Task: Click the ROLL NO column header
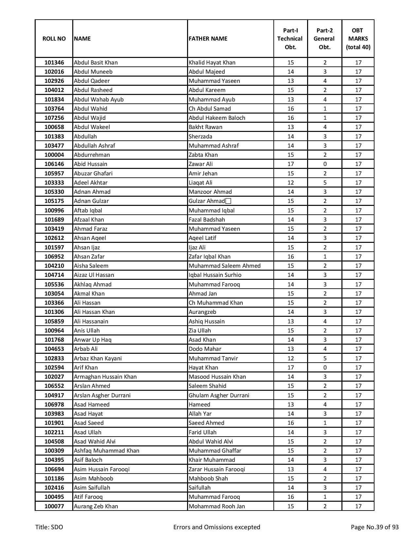pyautogui.click(x=54, y=39)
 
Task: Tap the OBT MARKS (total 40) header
pyautogui.click(x=358, y=39)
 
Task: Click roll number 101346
pyautogui.click(x=54, y=63)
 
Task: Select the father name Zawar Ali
pyautogui.click(x=200, y=164)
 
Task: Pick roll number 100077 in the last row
pyautogui.click(x=54, y=506)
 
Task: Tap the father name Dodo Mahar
pyautogui.click(x=205, y=349)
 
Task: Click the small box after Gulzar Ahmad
pyautogui.click(x=228, y=201)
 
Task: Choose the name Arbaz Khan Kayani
pyautogui.click(x=97, y=358)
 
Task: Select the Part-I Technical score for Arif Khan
pyautogui.click(x=290, y=368)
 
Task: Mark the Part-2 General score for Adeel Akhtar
pyautogui.click(x=324, y=183)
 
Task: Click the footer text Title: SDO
pyautogui.click(x=49, y=527)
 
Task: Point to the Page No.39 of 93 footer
pyautogui.click(x=374, y=527)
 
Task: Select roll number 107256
pyautogui.click(x=54, y=118)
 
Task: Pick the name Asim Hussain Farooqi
pyautogui.click(x=101, y=469)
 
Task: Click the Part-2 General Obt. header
pyautogui.click(x=324, y=39)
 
